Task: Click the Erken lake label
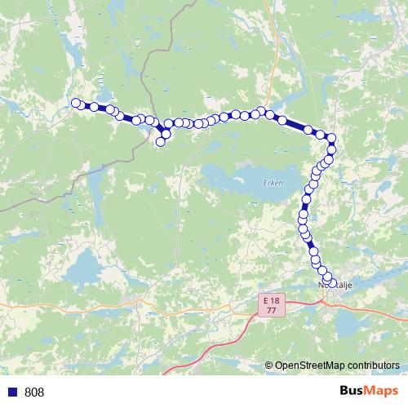coord(273,183)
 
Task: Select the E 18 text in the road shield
coord(270,301)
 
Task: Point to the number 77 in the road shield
coord(270,311)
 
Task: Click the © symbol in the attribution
coord(269,366)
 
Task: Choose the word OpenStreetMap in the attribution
coord(306,366)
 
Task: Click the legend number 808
coord(35,392)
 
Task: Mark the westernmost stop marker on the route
coord(77,103)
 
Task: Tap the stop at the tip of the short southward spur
coord(161,142)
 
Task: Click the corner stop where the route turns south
coord(332,139)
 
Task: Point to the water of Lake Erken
coord(237,178)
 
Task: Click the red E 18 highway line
coord(220,343)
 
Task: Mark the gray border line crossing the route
coord(145,82)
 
